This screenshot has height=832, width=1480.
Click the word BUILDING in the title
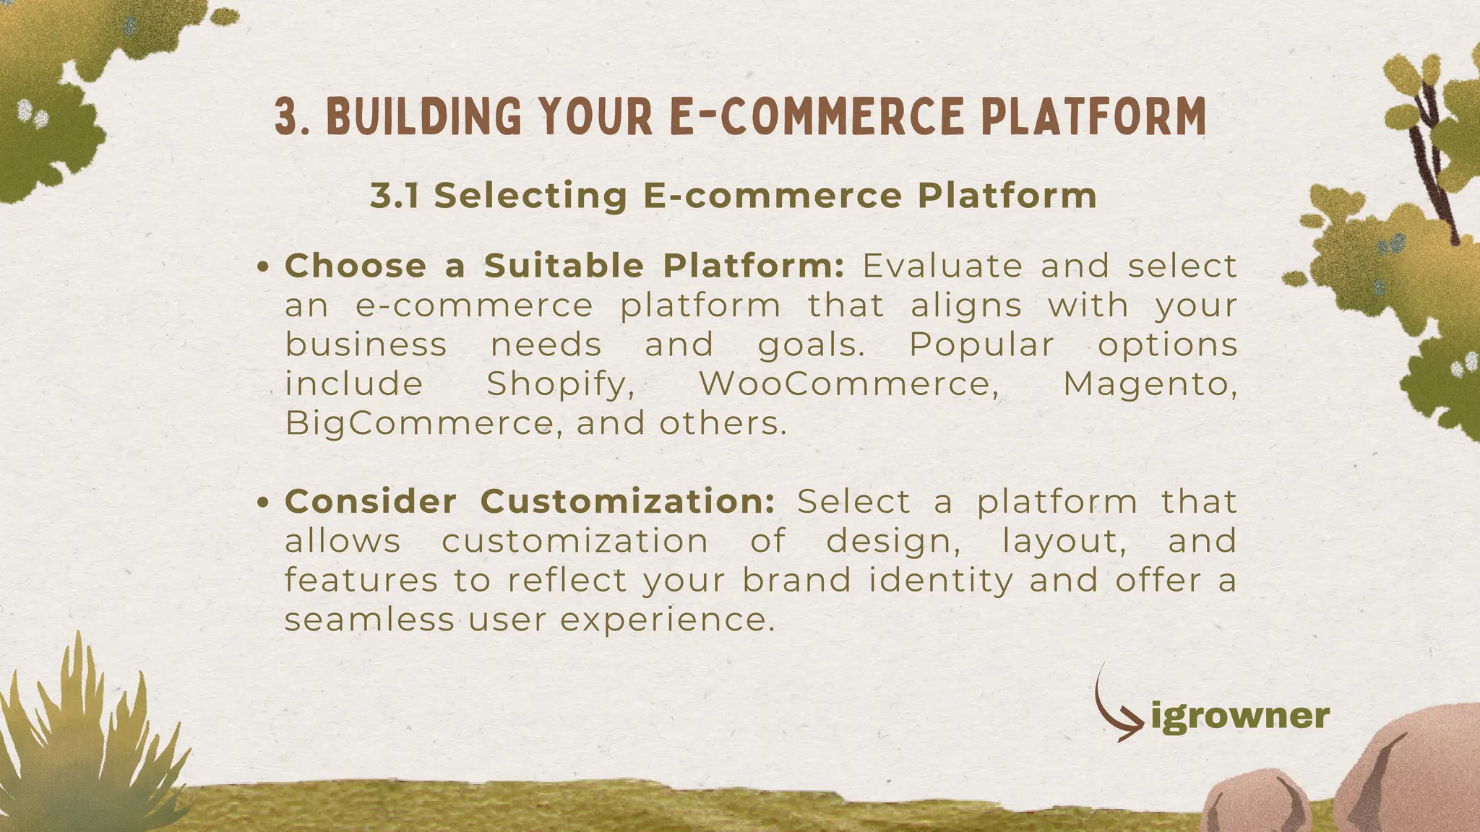(x=422, y=117)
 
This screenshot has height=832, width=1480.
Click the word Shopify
(x=560, y=384)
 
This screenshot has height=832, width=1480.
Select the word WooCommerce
(x=848, y=384)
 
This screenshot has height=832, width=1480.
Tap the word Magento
(x=1149, y=384)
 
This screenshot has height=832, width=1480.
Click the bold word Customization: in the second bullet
(x=628, y=502)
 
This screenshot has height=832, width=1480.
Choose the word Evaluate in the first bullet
(x=942, y=266)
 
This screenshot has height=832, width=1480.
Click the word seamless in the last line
(x=369, y=620)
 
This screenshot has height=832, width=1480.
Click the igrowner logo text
(x=1239, y=716)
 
